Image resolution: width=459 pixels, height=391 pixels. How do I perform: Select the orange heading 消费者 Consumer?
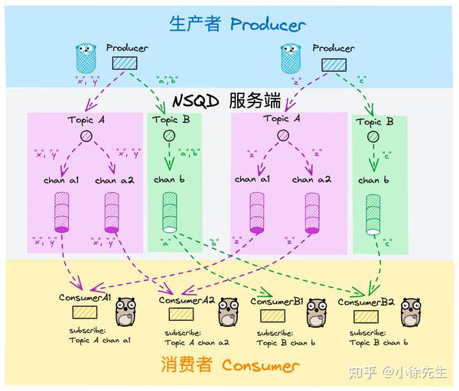click(229, 365)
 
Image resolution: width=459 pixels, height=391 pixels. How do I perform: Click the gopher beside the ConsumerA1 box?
click(124, 312)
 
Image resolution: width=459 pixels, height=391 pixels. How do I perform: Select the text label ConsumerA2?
click(187, 300)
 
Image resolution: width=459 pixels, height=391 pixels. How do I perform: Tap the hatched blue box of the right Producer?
click(334, 65)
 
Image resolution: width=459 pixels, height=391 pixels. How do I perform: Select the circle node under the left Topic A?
click(86, 136)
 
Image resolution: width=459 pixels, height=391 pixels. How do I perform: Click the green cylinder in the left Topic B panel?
click(167, 213)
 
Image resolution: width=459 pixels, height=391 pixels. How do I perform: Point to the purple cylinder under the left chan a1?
click(62, 212)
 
